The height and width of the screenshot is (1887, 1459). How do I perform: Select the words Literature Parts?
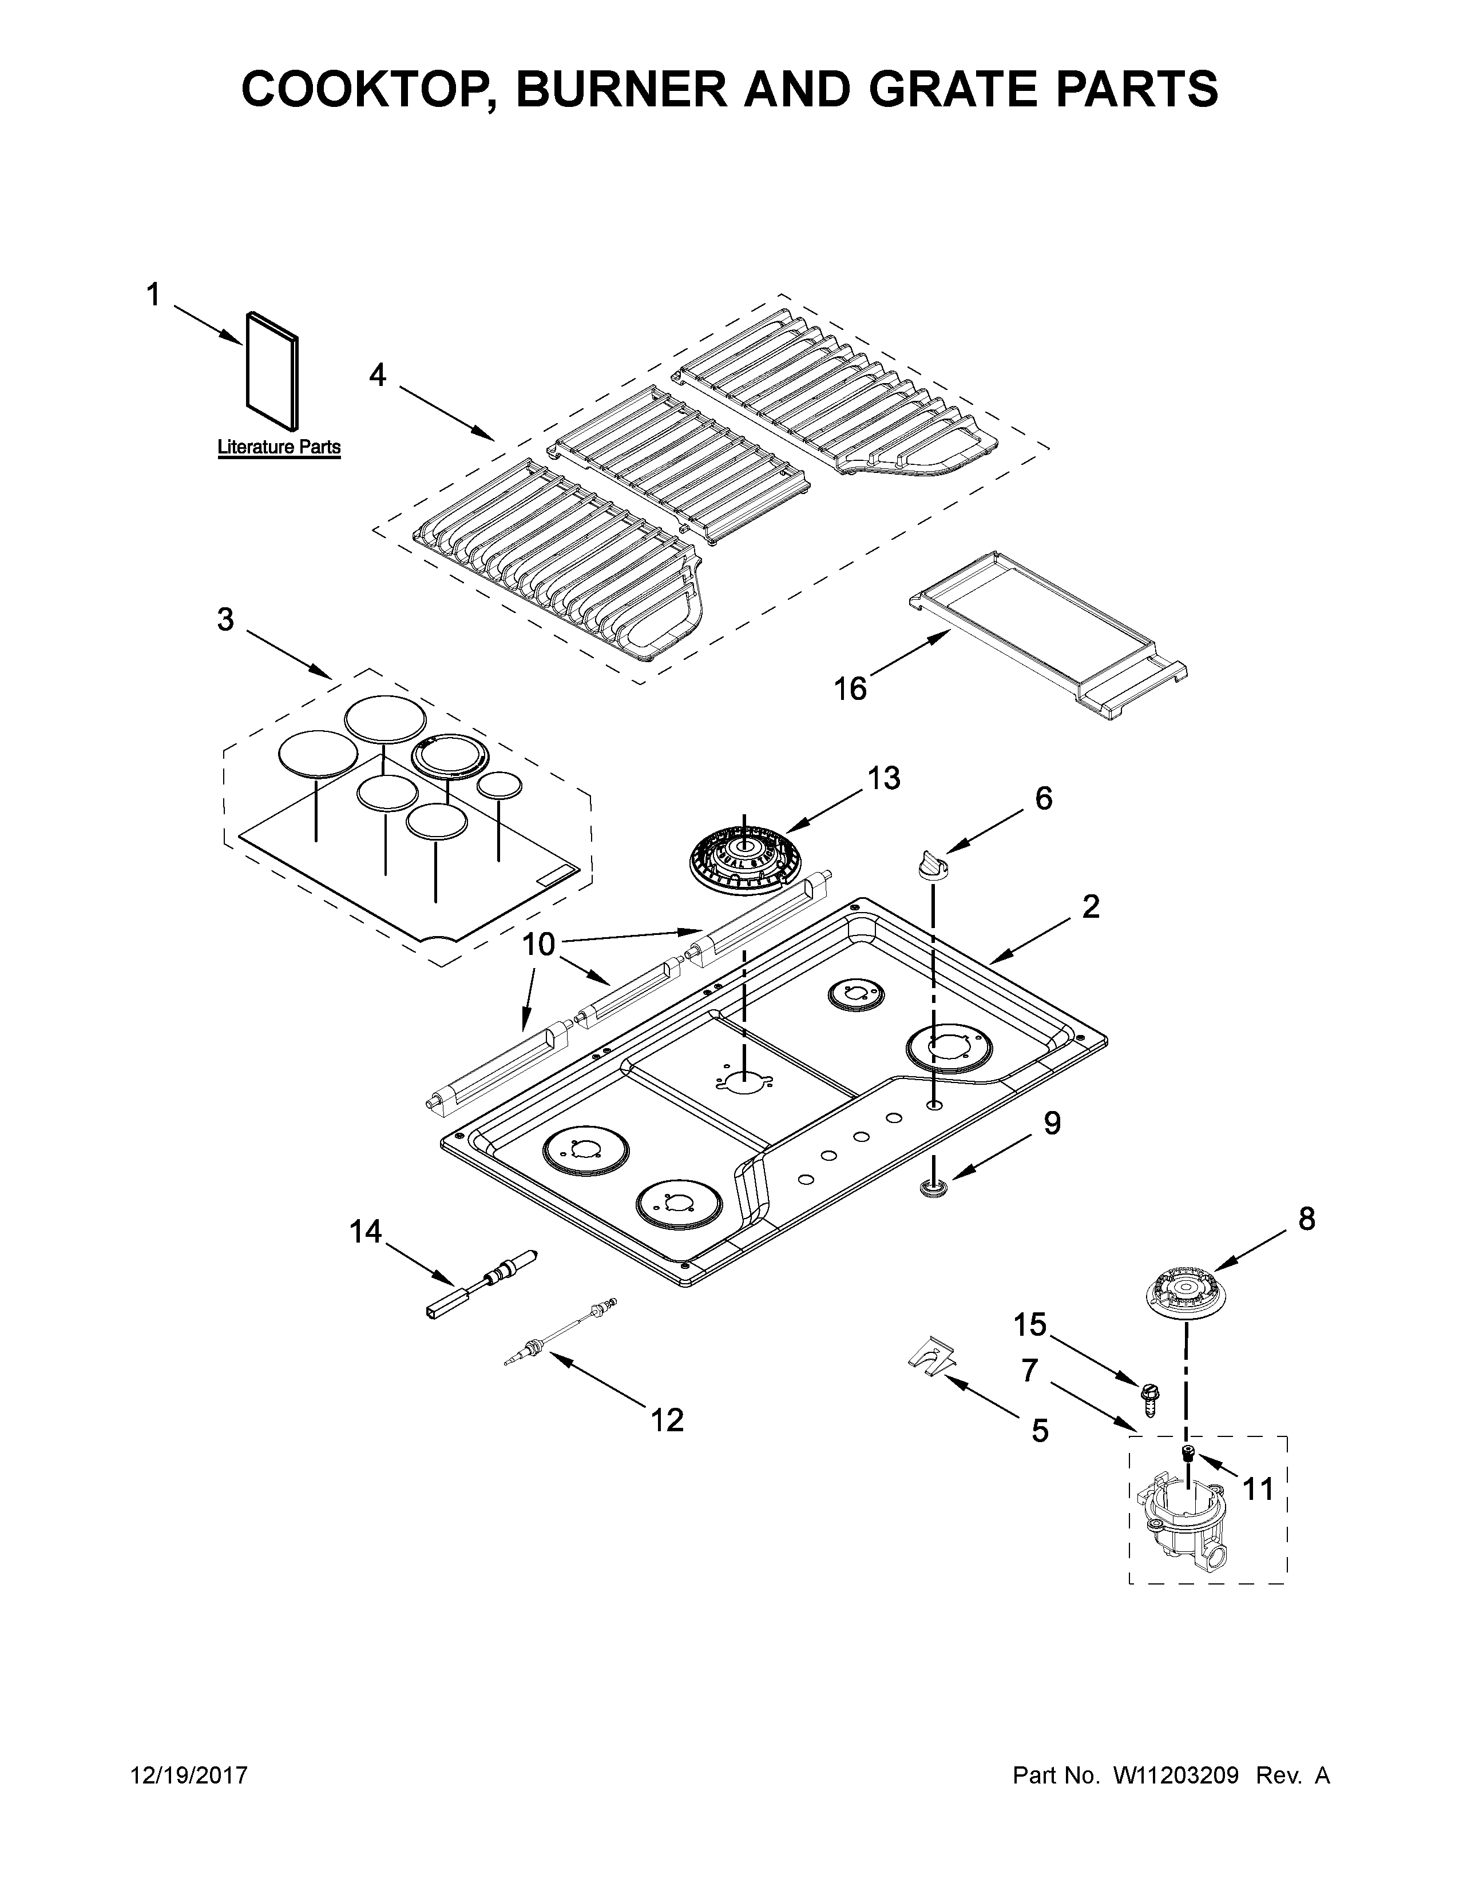pyautogui.click(x=278, y=448)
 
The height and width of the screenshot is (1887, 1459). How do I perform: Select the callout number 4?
pyautogui.click(x=378, y=375)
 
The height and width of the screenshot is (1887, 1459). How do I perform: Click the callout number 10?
pyautogui.click(x=538, y=945)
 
